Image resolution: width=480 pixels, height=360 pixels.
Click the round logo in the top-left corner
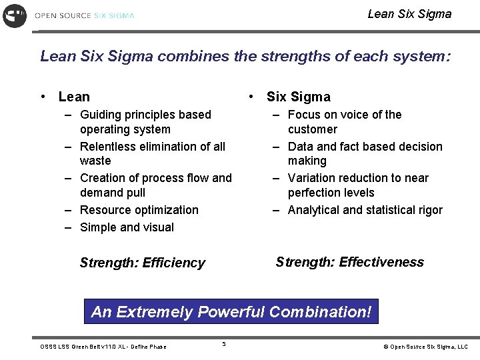point(15,15)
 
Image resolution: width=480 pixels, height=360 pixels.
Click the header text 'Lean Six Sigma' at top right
point(409,14)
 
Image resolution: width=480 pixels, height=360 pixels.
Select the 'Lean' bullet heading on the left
point(74,97)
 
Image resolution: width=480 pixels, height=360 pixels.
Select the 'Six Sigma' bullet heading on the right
point(298,97)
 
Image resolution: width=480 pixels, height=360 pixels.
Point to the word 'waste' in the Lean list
point(95,161)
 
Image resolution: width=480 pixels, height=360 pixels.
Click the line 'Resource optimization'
point(139,210)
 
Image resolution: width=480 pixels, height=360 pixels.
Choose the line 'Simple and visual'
point(127,227)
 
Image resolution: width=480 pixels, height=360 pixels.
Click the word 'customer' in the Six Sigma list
point(312,129)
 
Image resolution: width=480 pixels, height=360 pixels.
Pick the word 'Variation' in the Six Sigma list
point(312,178)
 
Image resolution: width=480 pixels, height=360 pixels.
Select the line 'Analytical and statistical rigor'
point(365,210)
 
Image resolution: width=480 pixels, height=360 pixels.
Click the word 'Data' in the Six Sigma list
point(300,147)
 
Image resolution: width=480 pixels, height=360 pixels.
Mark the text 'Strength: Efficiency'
point(142,263)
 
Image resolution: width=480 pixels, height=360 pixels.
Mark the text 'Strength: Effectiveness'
point(349,262)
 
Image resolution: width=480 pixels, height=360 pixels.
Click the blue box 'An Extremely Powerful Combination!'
point(231,312)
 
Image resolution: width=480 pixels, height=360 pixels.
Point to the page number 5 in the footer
point(224,344)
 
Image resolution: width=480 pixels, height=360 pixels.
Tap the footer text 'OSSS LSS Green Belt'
point(73,347)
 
